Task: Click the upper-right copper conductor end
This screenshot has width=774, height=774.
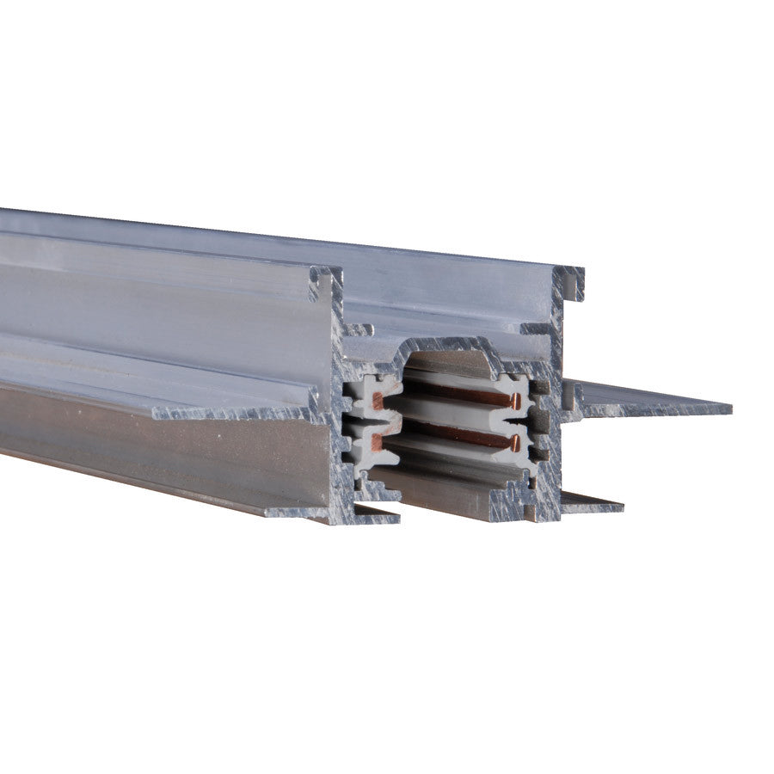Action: click(517, 402)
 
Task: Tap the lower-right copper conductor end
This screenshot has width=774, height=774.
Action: click(516, 443)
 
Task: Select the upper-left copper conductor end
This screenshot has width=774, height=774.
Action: click(378, 401)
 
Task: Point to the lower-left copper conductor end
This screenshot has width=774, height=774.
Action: click(377, 443)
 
